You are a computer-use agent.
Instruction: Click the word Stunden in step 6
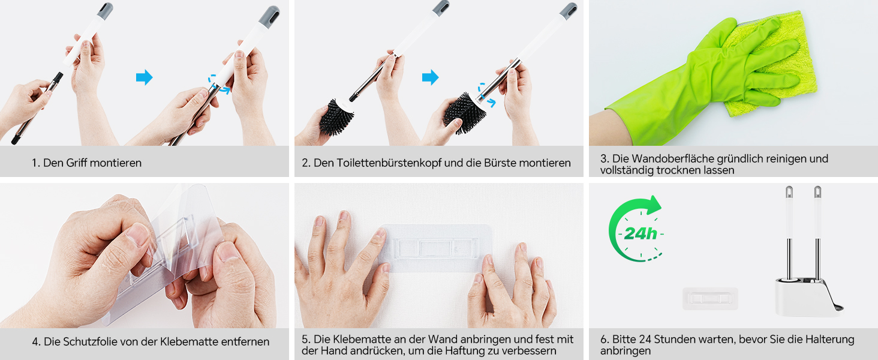pos(673,339)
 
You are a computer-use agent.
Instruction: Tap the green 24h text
pos(640,234)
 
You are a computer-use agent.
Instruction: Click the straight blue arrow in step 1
pos(145,77)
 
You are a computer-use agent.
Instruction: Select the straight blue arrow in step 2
pos(431,77)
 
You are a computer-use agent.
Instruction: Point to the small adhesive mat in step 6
pos(710,298)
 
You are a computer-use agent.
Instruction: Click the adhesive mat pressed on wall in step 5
pos(435,248)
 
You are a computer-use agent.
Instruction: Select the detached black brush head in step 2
pos(335,117)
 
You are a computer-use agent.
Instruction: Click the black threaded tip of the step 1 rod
pos(58,76)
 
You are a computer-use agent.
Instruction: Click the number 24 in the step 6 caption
pos(645,339)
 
